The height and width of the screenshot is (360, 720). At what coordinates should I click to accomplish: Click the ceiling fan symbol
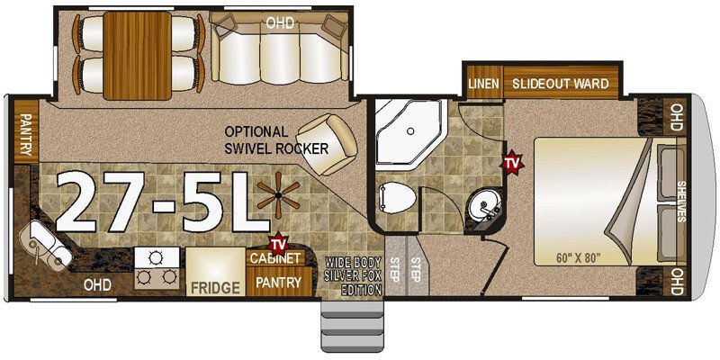[x=278, y=196]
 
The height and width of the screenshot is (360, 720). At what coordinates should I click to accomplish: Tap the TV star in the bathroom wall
[x=512, y=162]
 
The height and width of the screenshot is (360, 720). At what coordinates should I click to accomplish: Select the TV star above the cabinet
[x=278, y=243]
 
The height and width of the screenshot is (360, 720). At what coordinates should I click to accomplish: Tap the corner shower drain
[x=410, y=131]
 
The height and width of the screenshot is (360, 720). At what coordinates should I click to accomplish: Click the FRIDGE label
[x=215, y=288]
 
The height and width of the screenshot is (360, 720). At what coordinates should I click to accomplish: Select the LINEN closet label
[x=483, y=84]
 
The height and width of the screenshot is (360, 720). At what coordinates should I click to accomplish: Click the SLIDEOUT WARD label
[x=560, y=84]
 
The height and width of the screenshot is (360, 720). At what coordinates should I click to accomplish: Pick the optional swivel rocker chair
[x=326, y=144]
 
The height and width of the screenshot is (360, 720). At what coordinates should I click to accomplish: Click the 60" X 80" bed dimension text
[x=579, y=257]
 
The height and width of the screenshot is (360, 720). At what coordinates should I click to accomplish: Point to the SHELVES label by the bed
[x=680, y=201]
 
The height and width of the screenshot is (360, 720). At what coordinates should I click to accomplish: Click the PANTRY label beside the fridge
[x=278, y=283]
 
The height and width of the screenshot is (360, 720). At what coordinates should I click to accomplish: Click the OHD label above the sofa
[x=280, y=22]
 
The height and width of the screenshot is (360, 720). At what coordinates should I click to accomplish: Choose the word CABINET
[x=276, y=258]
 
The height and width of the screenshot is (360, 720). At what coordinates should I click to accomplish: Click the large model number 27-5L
[x=164, y=201]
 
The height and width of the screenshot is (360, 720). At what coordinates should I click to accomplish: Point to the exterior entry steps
[x=352, y=325]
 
